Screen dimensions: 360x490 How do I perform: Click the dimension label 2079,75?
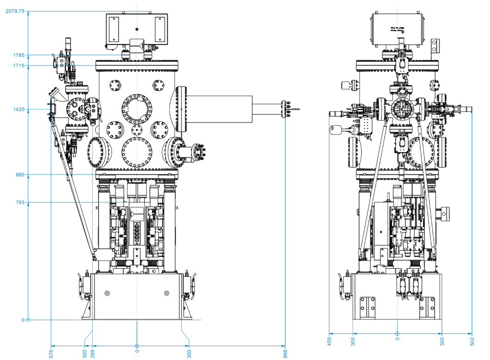(14, 11)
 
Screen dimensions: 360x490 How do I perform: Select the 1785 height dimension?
(19, 55)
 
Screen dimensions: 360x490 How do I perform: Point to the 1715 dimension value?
(19, 65)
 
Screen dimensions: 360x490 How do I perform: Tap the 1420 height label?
(19, 109)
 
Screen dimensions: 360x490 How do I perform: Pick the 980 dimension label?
(21, 175)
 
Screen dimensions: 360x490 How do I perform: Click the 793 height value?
(21, 203)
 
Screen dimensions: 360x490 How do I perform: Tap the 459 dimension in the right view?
(329, 341)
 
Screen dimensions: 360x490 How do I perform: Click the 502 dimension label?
(472, 341)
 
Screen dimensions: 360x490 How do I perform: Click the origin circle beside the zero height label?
(28, 320)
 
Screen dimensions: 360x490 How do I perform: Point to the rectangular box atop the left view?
(136, 30)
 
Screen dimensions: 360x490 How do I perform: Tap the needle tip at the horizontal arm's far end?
(299, 109)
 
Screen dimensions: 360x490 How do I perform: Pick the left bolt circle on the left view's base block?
(107, 293)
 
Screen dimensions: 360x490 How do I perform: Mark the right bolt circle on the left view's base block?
(167, 293)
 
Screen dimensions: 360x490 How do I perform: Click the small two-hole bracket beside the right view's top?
(434, 46)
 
